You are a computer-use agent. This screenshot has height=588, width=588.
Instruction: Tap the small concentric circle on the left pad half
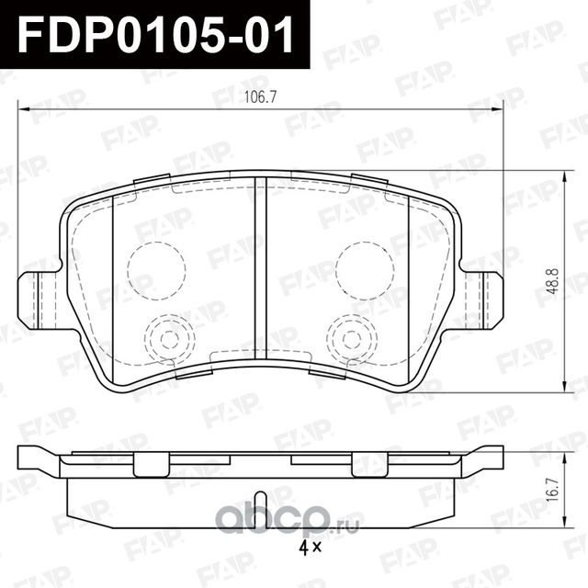coord(167,337)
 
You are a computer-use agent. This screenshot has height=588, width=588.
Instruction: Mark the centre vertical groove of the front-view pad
coord(260,276)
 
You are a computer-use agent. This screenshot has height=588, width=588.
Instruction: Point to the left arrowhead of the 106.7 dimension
coord(23,115)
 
